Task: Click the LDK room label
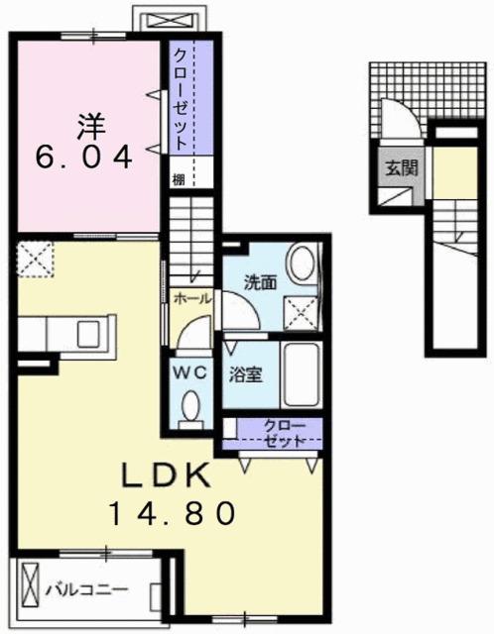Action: coord(166,476)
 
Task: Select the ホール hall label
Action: coord(191,296)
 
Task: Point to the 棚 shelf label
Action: coord(177,179)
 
